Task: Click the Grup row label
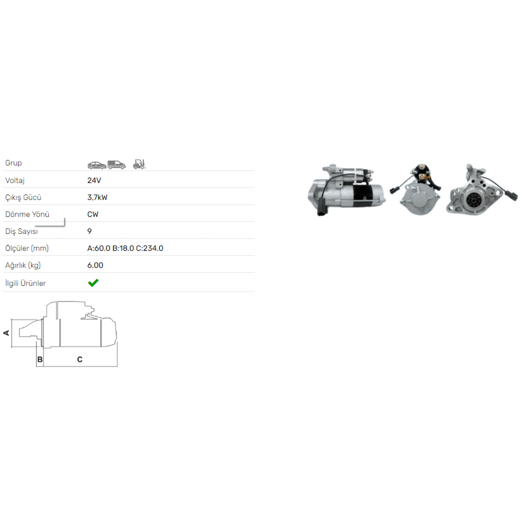[x=13, y=163]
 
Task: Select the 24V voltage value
[x=94, y=180]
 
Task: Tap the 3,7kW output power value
[x=97, y=197]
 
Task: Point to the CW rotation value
[x=93, y=214]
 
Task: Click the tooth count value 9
[x=90, y=231]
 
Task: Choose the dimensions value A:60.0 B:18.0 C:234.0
[x=125, y=248]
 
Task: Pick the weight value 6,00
[x=95, y=265]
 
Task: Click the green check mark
[x=93, y=282]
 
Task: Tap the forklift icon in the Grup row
[x=139, y=164]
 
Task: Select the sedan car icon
[x=97, y=165]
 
